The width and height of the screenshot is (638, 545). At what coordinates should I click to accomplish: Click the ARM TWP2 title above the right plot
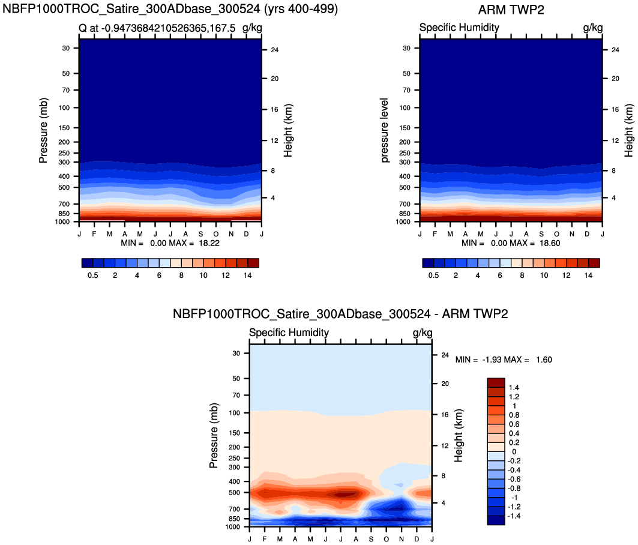[x=512, y=10]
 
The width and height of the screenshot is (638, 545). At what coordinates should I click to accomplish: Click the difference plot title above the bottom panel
[x=340, y=314]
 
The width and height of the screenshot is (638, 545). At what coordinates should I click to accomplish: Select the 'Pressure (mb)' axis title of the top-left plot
[x=43, y=131]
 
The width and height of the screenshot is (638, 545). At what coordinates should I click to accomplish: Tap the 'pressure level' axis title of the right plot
[x=385, y=131]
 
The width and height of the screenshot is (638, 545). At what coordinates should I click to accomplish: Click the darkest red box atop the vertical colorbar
[x=496, y=383]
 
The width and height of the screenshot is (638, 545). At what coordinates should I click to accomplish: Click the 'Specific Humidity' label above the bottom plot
[x=289, y=333]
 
